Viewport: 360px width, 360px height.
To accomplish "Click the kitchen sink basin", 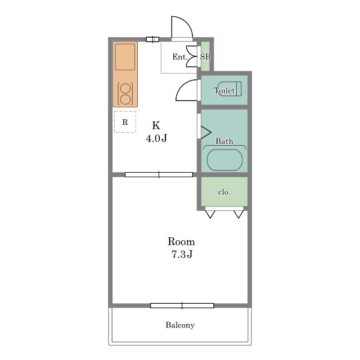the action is click(125, 57).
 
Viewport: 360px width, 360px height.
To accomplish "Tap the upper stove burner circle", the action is click(125, 88).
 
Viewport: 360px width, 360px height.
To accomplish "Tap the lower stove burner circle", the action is click(125, 100).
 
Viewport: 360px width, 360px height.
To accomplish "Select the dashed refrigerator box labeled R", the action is click(125, 121).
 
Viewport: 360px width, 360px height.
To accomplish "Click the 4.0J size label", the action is click(156, 138).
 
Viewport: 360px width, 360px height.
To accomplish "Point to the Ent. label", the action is click(180, 57).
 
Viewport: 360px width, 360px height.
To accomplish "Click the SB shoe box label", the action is click(205, 56).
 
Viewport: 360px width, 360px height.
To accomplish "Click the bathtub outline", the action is click(224, 160).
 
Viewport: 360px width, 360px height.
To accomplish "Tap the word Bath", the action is click(224, 141).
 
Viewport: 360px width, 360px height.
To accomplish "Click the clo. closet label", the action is click(224, 192).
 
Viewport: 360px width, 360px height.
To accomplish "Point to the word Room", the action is click(181, 241).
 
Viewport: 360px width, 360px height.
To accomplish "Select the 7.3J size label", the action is click(182, 254).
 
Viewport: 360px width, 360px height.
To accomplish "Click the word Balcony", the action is click(180, 325).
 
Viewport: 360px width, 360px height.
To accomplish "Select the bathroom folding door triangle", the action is click(206, 132).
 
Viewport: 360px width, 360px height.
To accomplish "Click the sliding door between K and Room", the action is click(159, 175).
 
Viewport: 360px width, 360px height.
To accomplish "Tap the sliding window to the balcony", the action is click(182, 305).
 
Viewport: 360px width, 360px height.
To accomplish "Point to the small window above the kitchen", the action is click(152, 39).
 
